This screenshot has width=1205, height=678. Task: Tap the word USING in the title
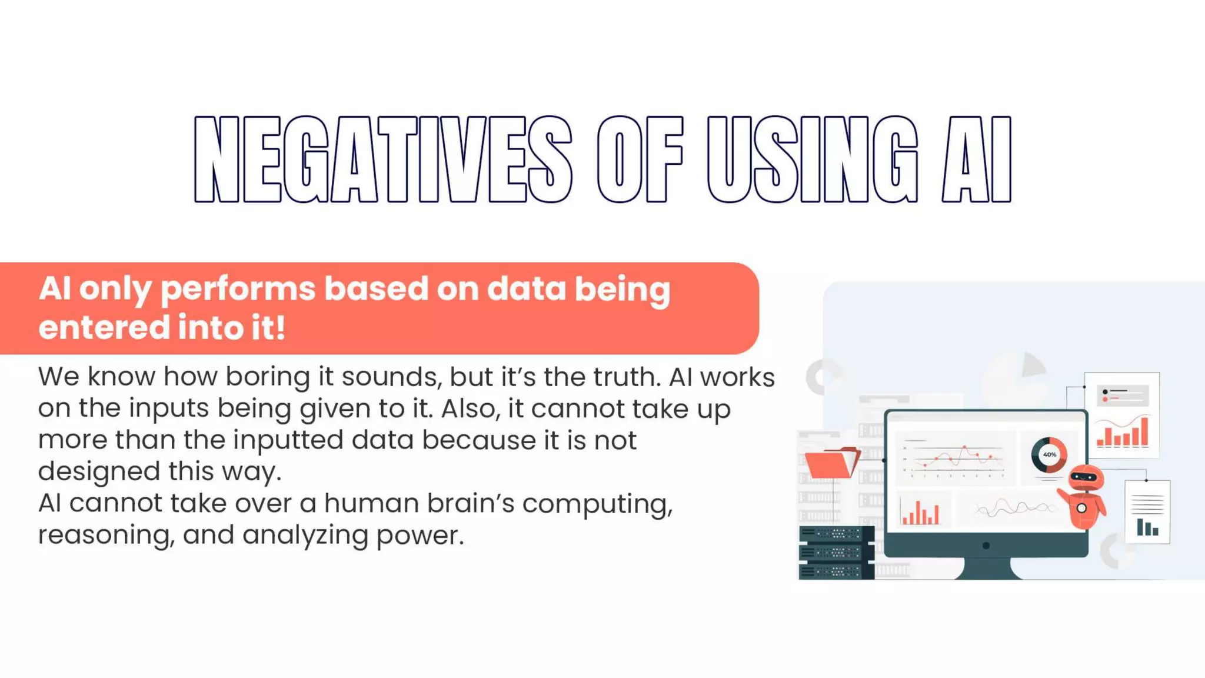click(812, 159)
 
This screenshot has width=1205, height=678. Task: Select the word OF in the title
click(640, 159)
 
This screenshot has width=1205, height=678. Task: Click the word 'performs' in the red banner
click(238, 290)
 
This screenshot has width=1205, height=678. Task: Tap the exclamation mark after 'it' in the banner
click(281, 327)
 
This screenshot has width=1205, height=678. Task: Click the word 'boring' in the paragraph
click(268, 377)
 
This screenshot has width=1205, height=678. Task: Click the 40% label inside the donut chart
click(1049, 454)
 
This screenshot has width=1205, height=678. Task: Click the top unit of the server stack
click(835, 534)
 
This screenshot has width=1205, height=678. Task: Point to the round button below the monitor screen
click(986, 546)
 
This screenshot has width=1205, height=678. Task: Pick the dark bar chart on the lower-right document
click(1147, 528)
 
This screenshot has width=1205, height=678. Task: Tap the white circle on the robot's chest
click(1081, 508)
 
